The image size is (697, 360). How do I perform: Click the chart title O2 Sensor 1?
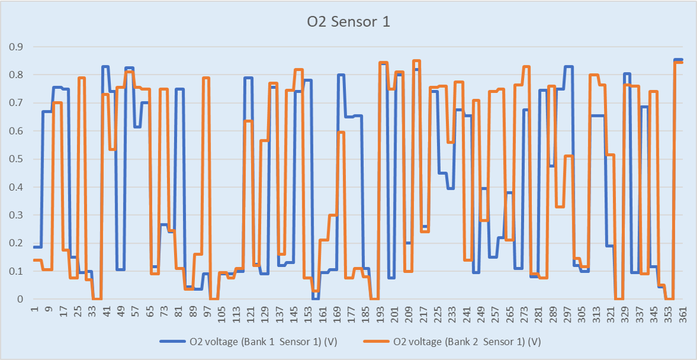(x=348, y=22)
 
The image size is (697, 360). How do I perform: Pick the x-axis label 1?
(x=35, y=311)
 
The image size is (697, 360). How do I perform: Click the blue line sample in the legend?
(x=173, y=342)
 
